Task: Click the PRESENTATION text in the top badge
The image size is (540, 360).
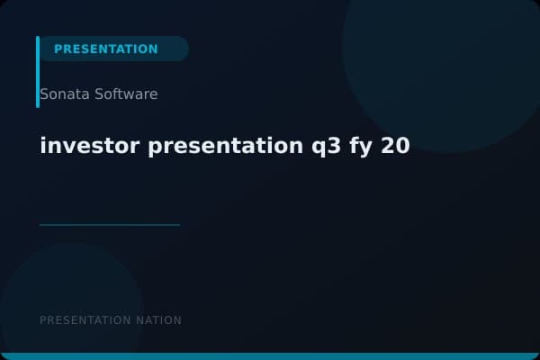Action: (105, 49)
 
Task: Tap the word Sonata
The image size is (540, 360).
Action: (64, 94)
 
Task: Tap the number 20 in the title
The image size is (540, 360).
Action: (395, 146)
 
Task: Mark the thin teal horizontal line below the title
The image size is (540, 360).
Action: (110, 225)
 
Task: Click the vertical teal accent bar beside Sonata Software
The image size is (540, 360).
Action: (38, 72)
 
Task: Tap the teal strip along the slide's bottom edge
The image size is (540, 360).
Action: (270, 356)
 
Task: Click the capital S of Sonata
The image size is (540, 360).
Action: (45, 94)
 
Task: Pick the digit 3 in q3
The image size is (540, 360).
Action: (325, 146)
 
